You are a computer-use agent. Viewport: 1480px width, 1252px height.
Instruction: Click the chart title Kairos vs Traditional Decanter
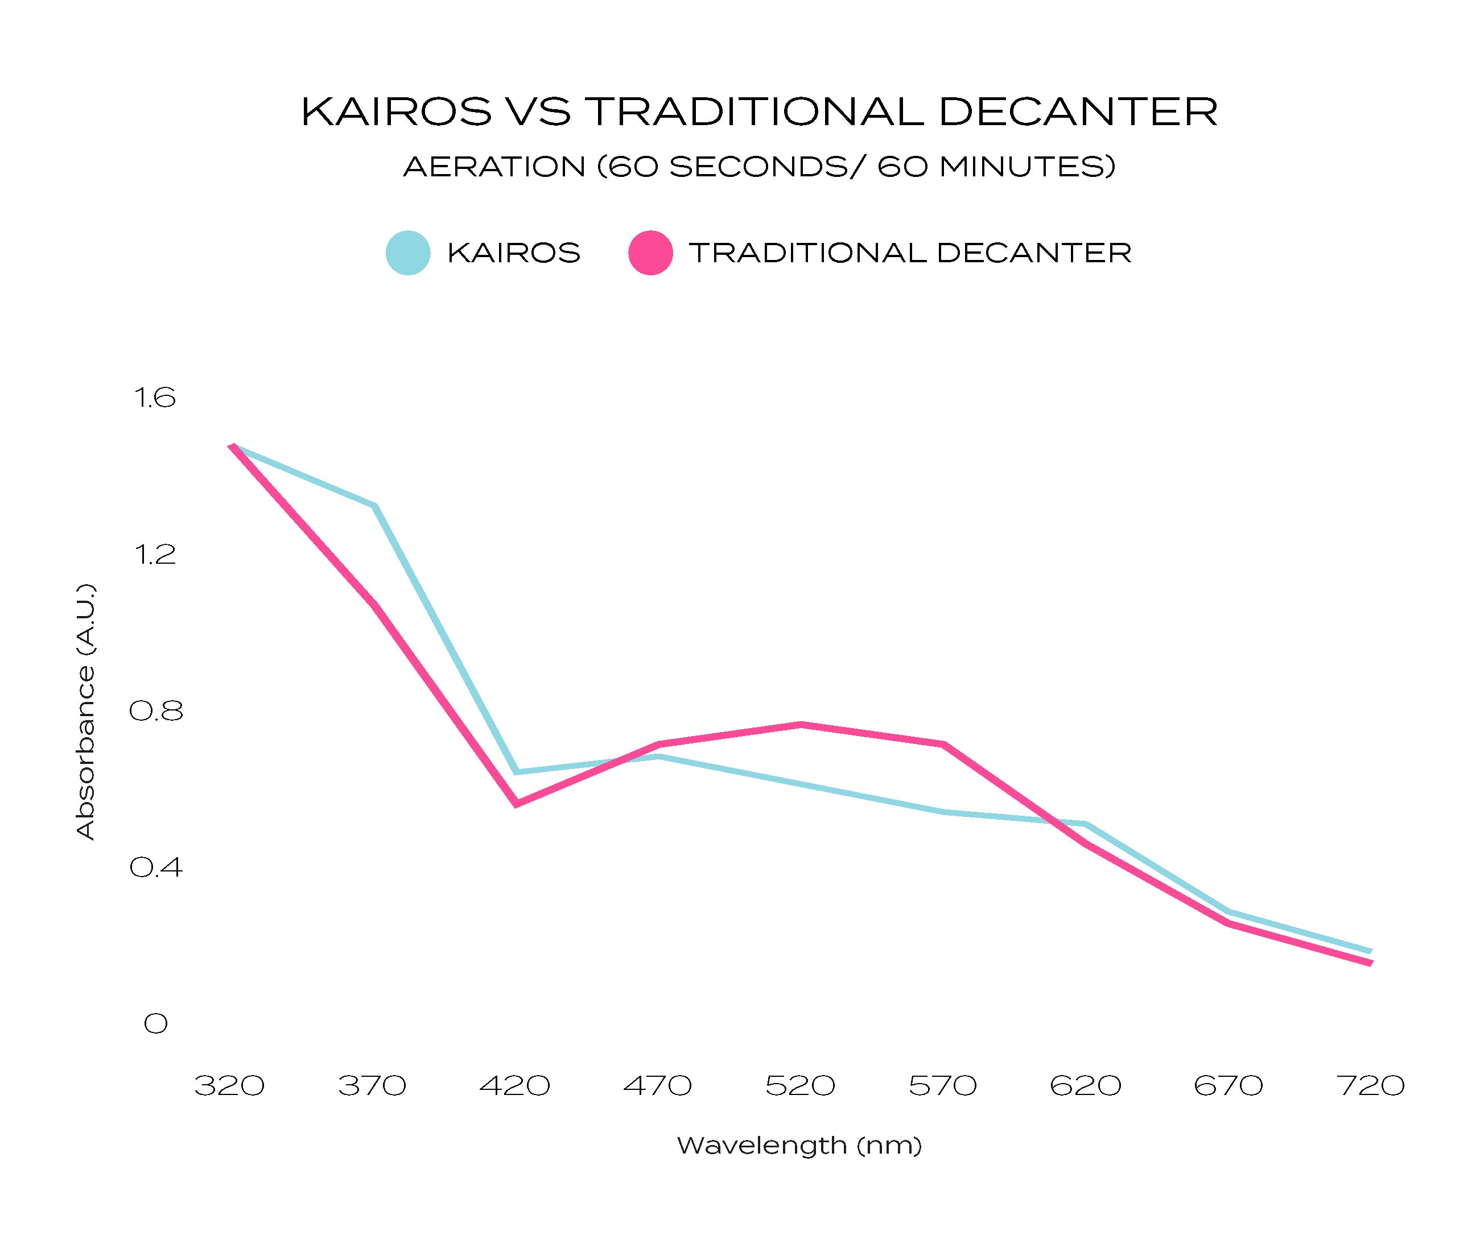759,112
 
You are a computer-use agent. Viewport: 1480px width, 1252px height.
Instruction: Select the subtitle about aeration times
759,167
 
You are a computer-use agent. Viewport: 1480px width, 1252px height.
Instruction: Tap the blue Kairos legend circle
407,253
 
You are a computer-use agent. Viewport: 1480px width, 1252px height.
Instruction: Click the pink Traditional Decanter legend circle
650,253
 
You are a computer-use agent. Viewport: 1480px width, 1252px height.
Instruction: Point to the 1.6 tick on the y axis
154,398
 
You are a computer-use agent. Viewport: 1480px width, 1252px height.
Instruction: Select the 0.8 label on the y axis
155,711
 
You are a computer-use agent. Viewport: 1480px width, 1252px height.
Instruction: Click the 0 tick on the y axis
155,1023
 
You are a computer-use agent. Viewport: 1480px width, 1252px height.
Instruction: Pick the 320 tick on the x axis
229,1086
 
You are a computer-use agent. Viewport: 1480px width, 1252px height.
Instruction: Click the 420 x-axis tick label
514,1086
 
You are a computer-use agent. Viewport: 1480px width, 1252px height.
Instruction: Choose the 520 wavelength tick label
800,1086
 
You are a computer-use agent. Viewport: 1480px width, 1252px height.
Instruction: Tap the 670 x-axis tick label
1228,1086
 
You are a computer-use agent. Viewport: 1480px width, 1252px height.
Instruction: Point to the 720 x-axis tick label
1371,1086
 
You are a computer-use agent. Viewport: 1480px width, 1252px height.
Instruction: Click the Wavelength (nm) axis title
799,1146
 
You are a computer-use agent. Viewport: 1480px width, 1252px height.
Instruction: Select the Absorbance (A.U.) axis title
85,711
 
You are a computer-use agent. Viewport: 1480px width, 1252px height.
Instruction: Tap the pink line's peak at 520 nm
801,725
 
